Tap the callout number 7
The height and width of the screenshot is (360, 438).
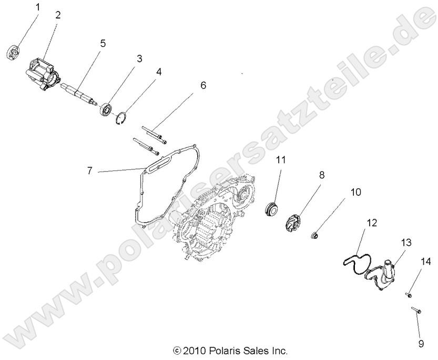(x=90, y=171)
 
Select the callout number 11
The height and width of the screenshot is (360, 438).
(x=281, y=160)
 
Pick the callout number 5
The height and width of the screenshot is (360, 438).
(x=103, y=43)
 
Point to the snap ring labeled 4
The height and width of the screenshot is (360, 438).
(x=122, y=118)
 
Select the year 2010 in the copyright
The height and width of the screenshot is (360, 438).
(x=198, y=350)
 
